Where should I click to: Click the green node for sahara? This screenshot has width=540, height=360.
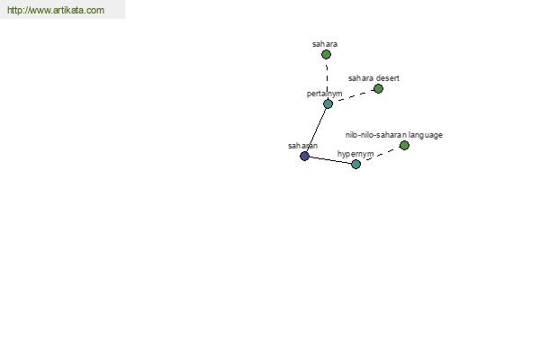click(326, 54)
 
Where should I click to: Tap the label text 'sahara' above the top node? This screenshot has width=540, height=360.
click(325, 44)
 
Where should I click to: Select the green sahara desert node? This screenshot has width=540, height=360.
click(378, 89)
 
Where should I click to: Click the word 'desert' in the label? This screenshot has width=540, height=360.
click(388, 78)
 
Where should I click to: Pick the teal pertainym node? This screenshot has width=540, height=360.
click(328, 103)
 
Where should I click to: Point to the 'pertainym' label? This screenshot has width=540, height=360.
click(324, 94)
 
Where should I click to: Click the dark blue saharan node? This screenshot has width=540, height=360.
click(304, 156)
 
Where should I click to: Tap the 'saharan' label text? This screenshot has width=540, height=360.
click(302, 146)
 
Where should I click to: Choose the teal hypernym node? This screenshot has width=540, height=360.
click(355, 164)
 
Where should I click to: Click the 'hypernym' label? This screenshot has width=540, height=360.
click(355, 154)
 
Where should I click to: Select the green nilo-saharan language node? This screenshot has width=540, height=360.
click(404, 146)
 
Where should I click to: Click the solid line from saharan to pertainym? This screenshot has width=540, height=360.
click(316, 130)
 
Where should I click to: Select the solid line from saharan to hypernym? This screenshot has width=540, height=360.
click(330, 160)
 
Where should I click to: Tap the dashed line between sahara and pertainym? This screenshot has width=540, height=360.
click(327, 79)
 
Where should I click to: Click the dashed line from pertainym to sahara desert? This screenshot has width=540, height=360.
click(353, 96)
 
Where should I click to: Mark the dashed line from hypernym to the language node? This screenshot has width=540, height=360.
click(380, 155)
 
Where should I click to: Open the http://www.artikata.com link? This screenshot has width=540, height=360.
click(56, 10)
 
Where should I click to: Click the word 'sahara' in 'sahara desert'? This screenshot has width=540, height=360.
click(361, 78)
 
